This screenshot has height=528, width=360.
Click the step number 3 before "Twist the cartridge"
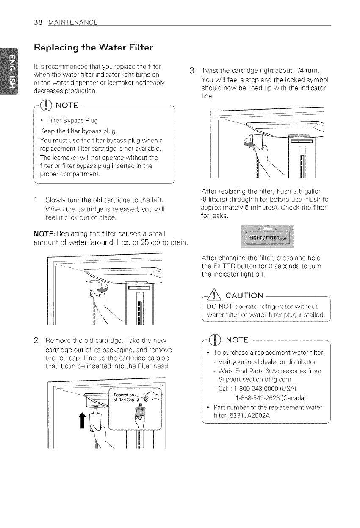192,70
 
